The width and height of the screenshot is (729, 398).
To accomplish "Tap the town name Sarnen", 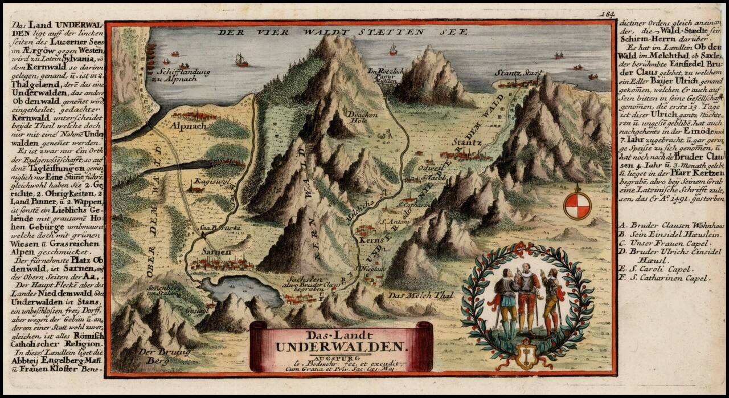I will click(x=216, y=251).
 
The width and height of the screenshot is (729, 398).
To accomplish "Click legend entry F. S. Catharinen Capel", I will click(x=664, y=278).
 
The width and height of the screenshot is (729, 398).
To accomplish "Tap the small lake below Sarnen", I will click(x=241, y=289).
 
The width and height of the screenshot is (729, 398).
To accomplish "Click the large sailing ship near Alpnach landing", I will click(x=242, y=59).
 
